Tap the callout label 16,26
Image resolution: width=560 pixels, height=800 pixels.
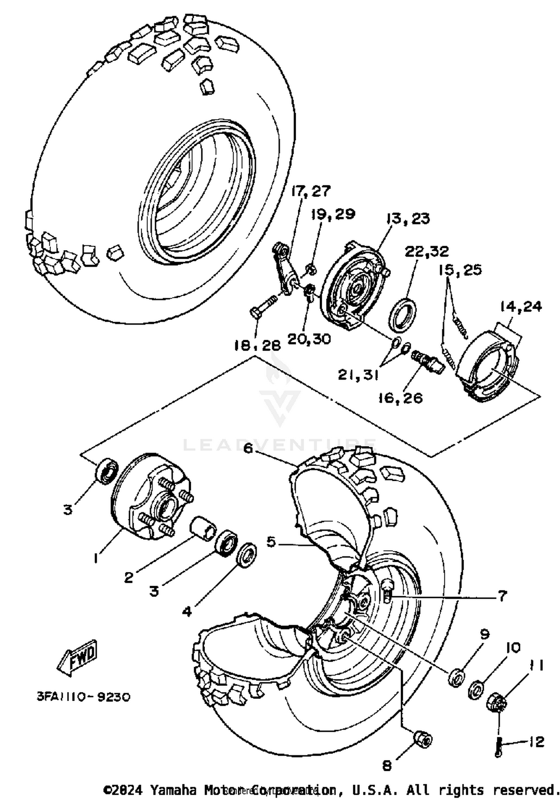(x=400, y=398)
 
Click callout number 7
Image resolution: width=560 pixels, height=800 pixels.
(x=502, y=596)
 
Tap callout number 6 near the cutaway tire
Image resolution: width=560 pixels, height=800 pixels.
(x=248, y=448)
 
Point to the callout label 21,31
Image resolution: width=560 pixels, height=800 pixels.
(x=358, y=374)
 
